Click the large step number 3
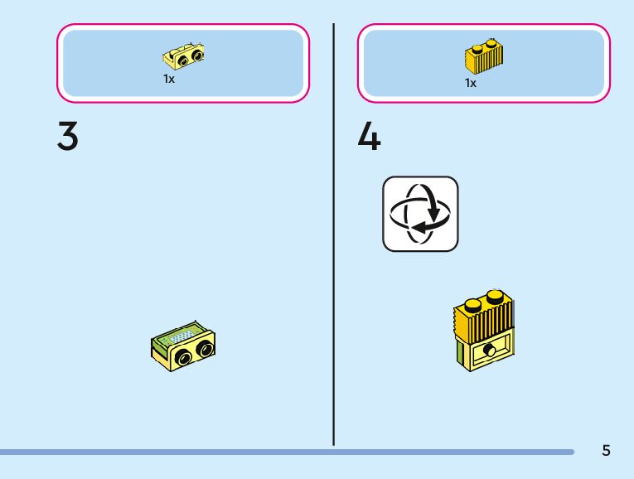(x=68, y=137)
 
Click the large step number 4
(x=369, y=137)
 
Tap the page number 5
(x=606, y=451)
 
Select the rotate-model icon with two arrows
(x=420, y=213)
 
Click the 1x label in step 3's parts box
(x=168, y=80)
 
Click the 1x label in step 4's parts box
(x=471, y=83)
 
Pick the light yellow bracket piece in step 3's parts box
(x=185, y=56)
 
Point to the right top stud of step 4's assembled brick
(x=494, y=295)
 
